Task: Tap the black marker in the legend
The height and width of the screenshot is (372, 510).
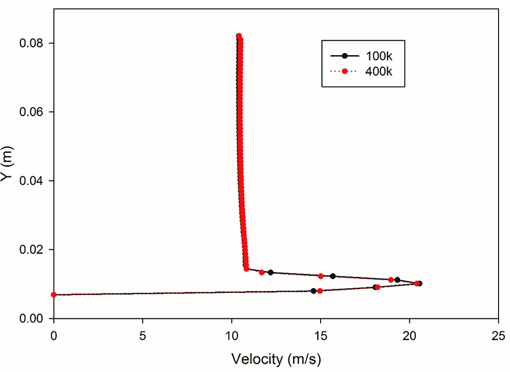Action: coord(345,56)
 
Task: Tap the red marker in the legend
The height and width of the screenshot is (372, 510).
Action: coord(345,71)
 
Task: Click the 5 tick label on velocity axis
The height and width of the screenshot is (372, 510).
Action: coord(143,334)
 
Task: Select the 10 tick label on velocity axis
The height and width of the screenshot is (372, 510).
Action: coord(232,334)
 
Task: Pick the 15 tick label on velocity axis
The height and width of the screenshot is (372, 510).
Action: coord(321,334)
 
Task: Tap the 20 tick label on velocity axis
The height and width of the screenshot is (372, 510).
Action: coord(410,334)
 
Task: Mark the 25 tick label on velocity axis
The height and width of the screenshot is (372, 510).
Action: coord(499,334)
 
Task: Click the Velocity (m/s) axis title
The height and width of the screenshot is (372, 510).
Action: coord(276,359)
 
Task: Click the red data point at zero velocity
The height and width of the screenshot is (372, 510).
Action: coord(54,294)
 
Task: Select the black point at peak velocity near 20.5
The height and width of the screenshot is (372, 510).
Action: coord(419,284)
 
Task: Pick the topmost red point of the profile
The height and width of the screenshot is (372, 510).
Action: coord(239,36)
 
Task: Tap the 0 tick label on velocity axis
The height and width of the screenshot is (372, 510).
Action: coord(54,334)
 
